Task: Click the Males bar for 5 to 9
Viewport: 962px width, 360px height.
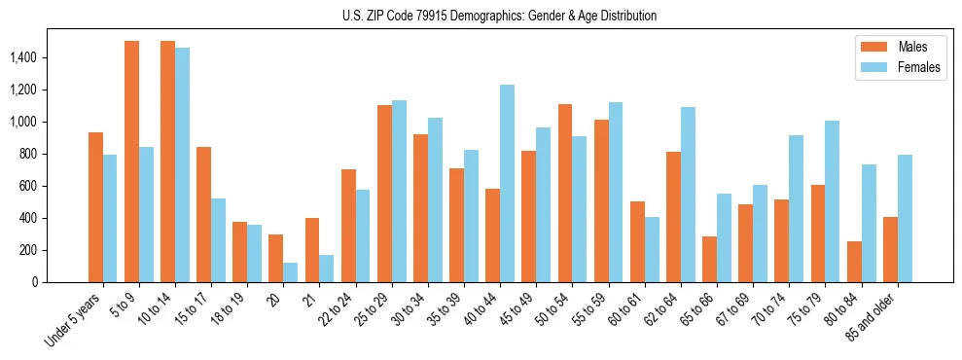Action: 131,162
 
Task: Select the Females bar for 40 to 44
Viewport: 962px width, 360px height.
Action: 507,183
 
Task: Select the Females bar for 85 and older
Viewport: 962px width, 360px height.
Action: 905,218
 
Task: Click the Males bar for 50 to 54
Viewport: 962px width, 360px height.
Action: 565,193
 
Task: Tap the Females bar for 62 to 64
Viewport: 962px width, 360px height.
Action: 688,195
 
